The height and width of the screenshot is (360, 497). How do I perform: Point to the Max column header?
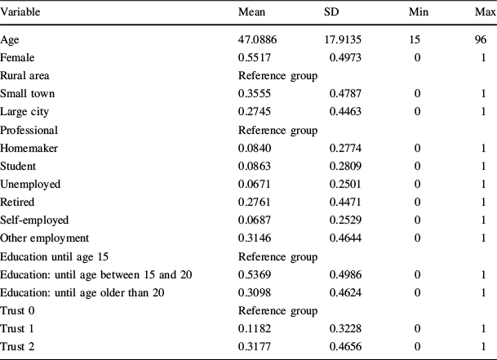coord(485,15)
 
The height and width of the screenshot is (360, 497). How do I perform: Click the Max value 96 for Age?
coord(481,40)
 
